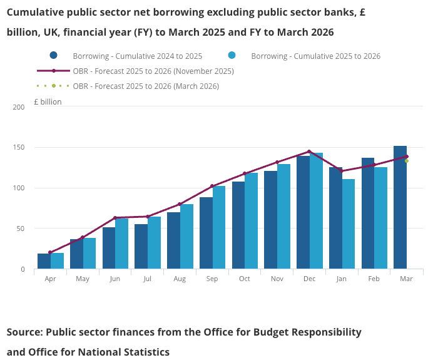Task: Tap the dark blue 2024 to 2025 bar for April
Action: tap(43, 261)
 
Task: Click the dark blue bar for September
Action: tap(206, 233)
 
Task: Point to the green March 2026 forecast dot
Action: tap(407, 161)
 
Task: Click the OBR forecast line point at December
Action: tap(309, 152)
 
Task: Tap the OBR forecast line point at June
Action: tap(115, 218)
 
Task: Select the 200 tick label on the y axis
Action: tap(18, 107)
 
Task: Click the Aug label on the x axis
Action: tap(180, 279)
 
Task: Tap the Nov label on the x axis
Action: tap(277, 279)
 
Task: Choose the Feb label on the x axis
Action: tap(374, 279)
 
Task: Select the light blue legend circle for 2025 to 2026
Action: tap(232, 56)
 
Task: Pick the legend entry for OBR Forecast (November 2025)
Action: tap(153, 71)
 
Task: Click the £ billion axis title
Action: tap(48, 101)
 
